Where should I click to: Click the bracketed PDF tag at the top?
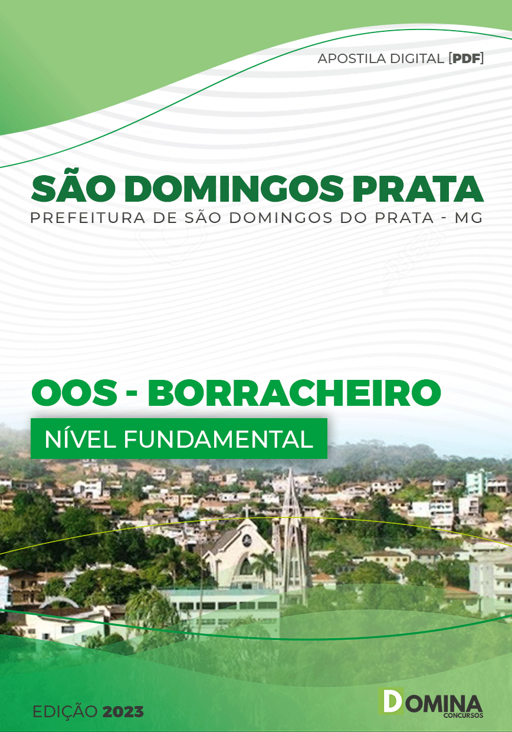(x=466, y=58)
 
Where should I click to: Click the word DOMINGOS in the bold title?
(x=234, y=189)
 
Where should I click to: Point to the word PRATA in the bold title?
(x=418, y=189)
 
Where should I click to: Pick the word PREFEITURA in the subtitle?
(x=87, y=218)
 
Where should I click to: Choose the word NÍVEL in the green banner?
(x=80, y=439)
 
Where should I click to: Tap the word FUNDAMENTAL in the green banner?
(x=218, y=439)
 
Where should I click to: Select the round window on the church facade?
(x=247, y=539)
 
